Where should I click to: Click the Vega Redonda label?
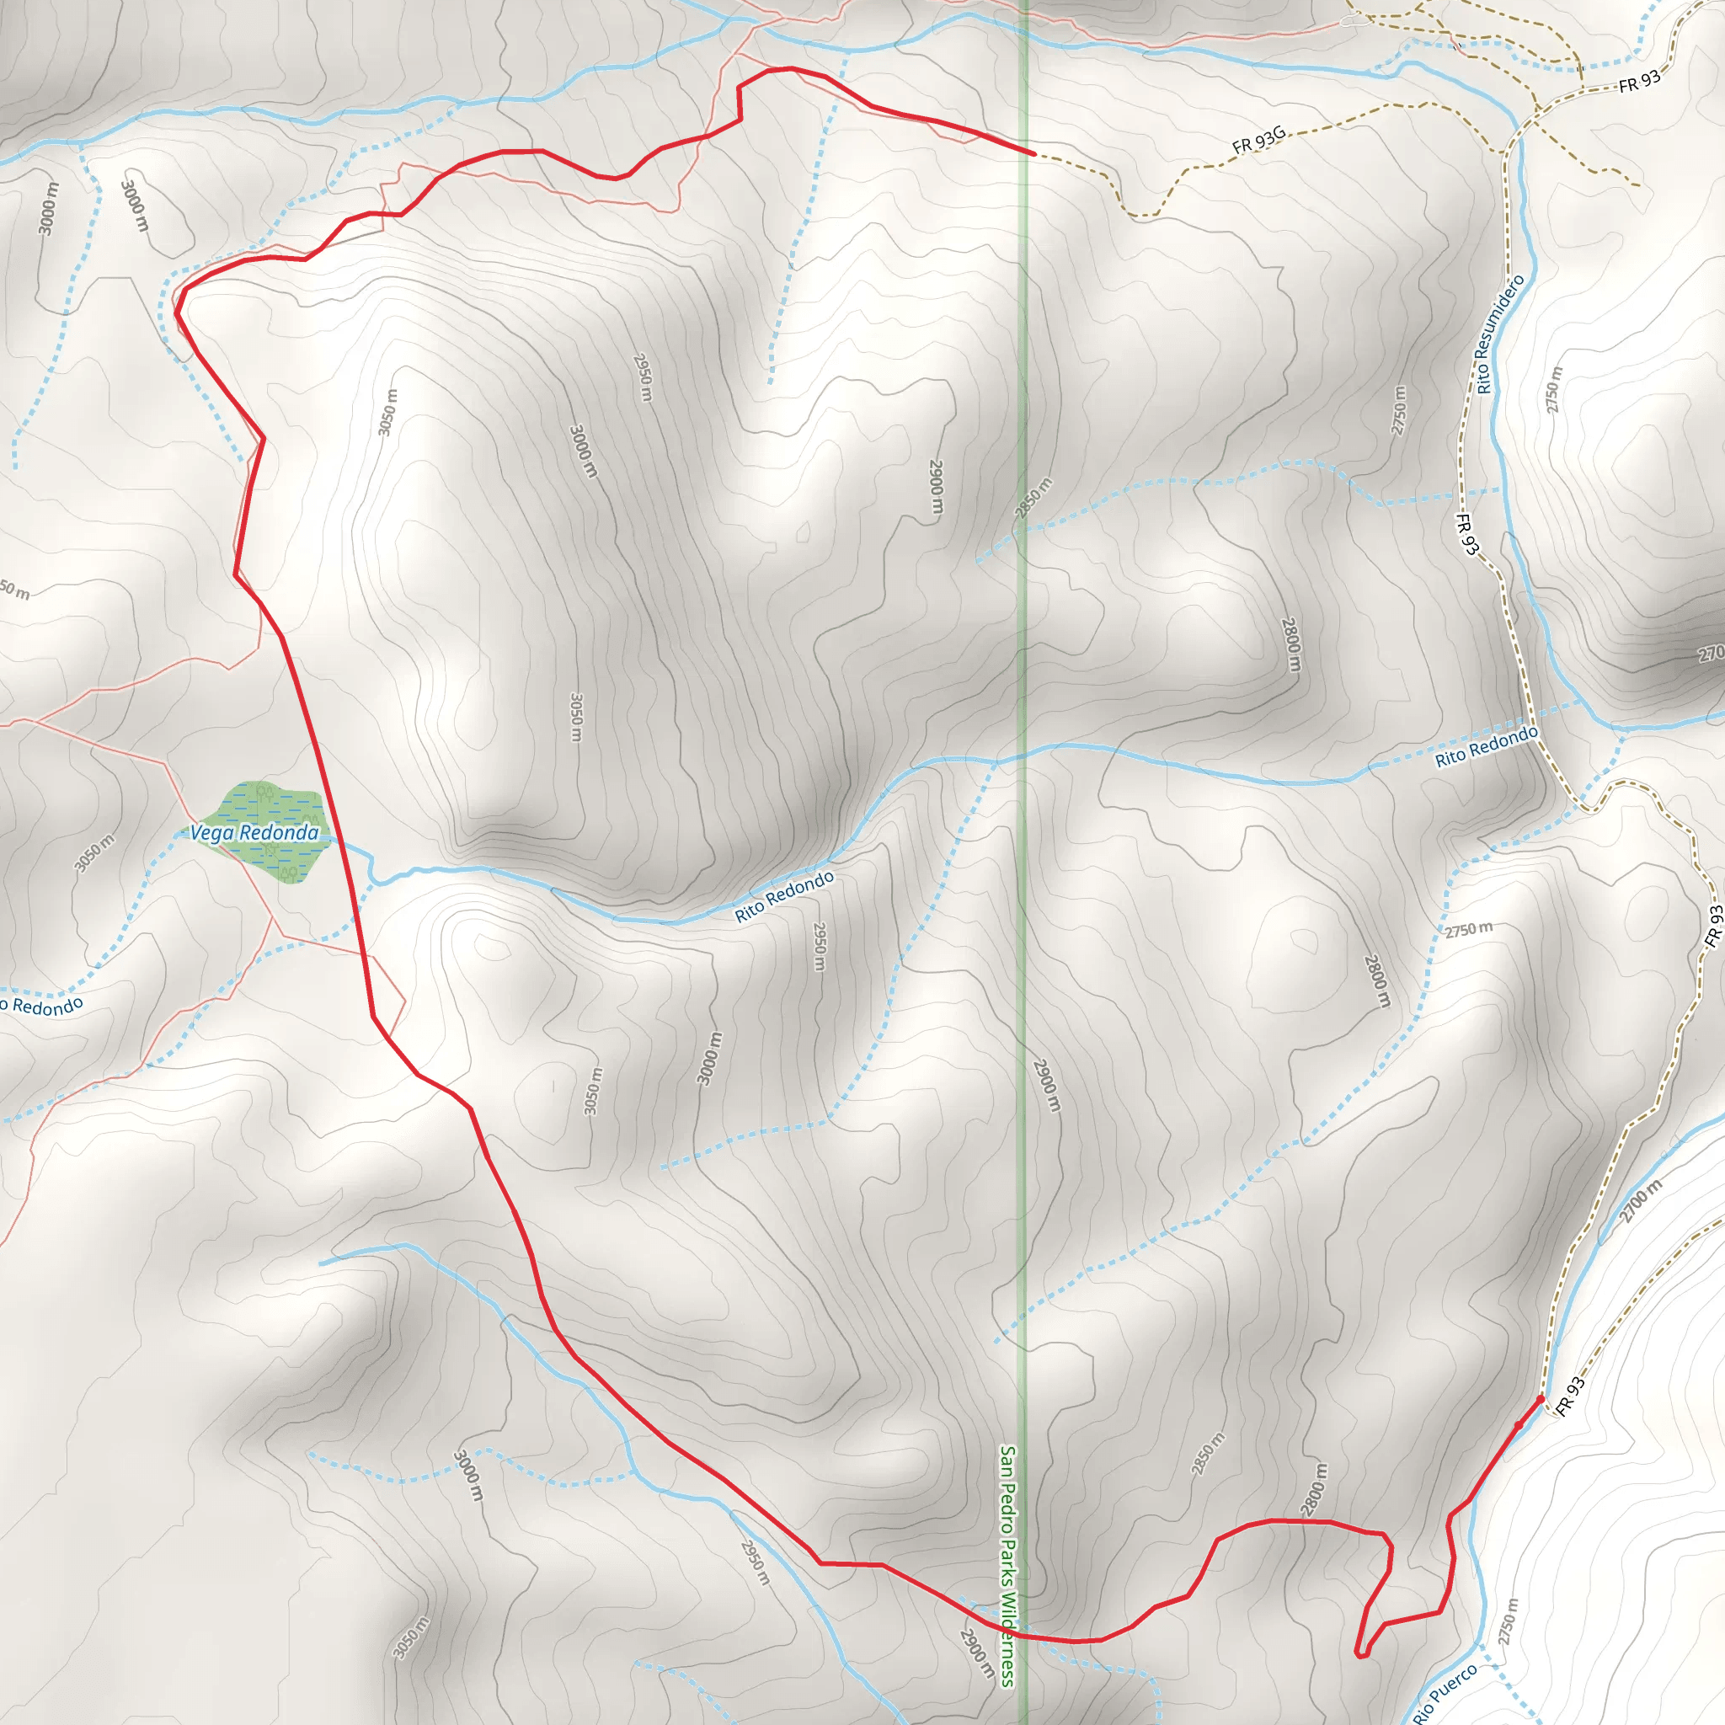coord(254,833)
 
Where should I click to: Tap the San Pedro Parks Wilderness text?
coord(1008,1567)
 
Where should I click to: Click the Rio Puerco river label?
coord(1445,1692)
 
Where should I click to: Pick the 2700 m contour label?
coord(1641,1201)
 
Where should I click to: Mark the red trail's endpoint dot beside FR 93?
coord(1541,1399)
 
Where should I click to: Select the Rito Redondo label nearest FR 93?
coord(1487,746)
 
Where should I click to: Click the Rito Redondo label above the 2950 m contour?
coord(785,896)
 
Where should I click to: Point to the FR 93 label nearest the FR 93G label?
coord(1640,81)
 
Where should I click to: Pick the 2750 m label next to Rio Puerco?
coord(1507,1621)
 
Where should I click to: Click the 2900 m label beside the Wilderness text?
coord(977,1653)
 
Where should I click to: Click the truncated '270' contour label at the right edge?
coord(1711,654)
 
